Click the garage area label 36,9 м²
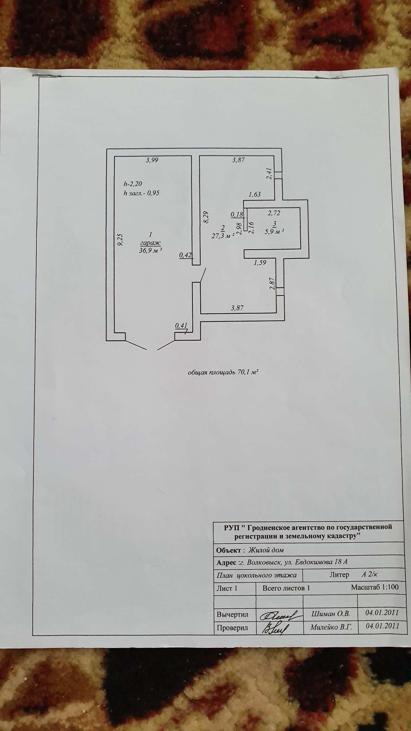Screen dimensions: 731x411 (x=150, y=251)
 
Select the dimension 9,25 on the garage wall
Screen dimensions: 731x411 (x=120, y=240)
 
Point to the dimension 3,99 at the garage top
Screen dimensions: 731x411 (x=152, y=160)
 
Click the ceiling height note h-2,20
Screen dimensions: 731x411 (x=133, y=184)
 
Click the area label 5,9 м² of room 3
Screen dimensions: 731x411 (x=275, y=231)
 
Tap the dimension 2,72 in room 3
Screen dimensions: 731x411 (x=274, y=213)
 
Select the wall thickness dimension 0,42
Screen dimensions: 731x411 (x=185, y=255)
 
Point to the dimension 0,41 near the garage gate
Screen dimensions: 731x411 (x=181, y=326)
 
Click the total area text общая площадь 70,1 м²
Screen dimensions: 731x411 (x=223, y=373)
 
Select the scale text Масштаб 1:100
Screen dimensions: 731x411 (x=375, y=587)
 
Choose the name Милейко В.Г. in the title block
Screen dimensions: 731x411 (x=331, y=627)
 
